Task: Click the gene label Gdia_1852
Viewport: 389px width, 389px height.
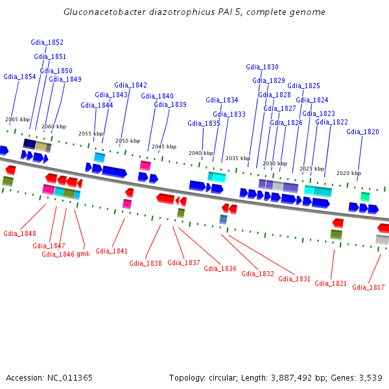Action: pos(47,42)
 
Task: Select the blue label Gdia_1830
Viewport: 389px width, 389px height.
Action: pos(262,67)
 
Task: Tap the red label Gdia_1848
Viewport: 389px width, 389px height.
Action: pos(19,233)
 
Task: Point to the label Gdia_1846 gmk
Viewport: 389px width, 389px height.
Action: pos(65,254)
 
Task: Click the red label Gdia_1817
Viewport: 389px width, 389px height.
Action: pos(368,287)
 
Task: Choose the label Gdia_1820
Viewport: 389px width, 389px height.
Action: pos(362,132)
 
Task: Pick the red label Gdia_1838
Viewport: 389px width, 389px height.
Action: pos(145,263)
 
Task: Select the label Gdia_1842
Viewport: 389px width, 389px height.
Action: pos(131,85)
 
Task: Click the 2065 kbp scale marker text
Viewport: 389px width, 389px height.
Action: pos(18,119)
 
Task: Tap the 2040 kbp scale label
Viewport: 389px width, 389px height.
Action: pos(201,153)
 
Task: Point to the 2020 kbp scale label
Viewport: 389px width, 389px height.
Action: pos(348,173)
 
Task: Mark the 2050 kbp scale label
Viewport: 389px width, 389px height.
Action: pos(128,141)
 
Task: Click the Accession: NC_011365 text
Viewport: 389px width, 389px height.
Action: pos(49,377)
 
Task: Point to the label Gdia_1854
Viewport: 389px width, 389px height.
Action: pos(19,77)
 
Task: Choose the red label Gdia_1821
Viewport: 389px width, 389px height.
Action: pos(331,283)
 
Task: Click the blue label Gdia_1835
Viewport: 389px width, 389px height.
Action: pos(204,123)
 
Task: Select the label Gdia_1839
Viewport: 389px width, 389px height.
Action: pos(170,104)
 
